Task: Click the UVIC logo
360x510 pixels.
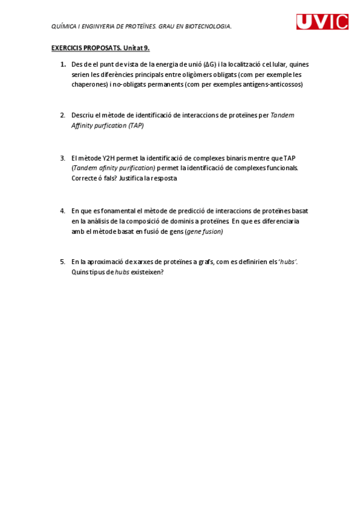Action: click(x=322, y=22)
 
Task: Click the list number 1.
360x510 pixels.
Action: click(x=63, y=64)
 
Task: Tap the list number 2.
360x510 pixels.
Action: click(x=63, y=115)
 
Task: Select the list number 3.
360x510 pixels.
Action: click(x=63, y=158)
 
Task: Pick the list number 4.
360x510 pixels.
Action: click(x=63, y=210)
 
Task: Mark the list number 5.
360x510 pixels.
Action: click(x=63, y=262)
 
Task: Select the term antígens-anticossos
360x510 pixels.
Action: click(x=272, y=85)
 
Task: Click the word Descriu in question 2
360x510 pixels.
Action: click(x=82, y=115)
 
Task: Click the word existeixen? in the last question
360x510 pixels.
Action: click(x=147, y=272)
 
